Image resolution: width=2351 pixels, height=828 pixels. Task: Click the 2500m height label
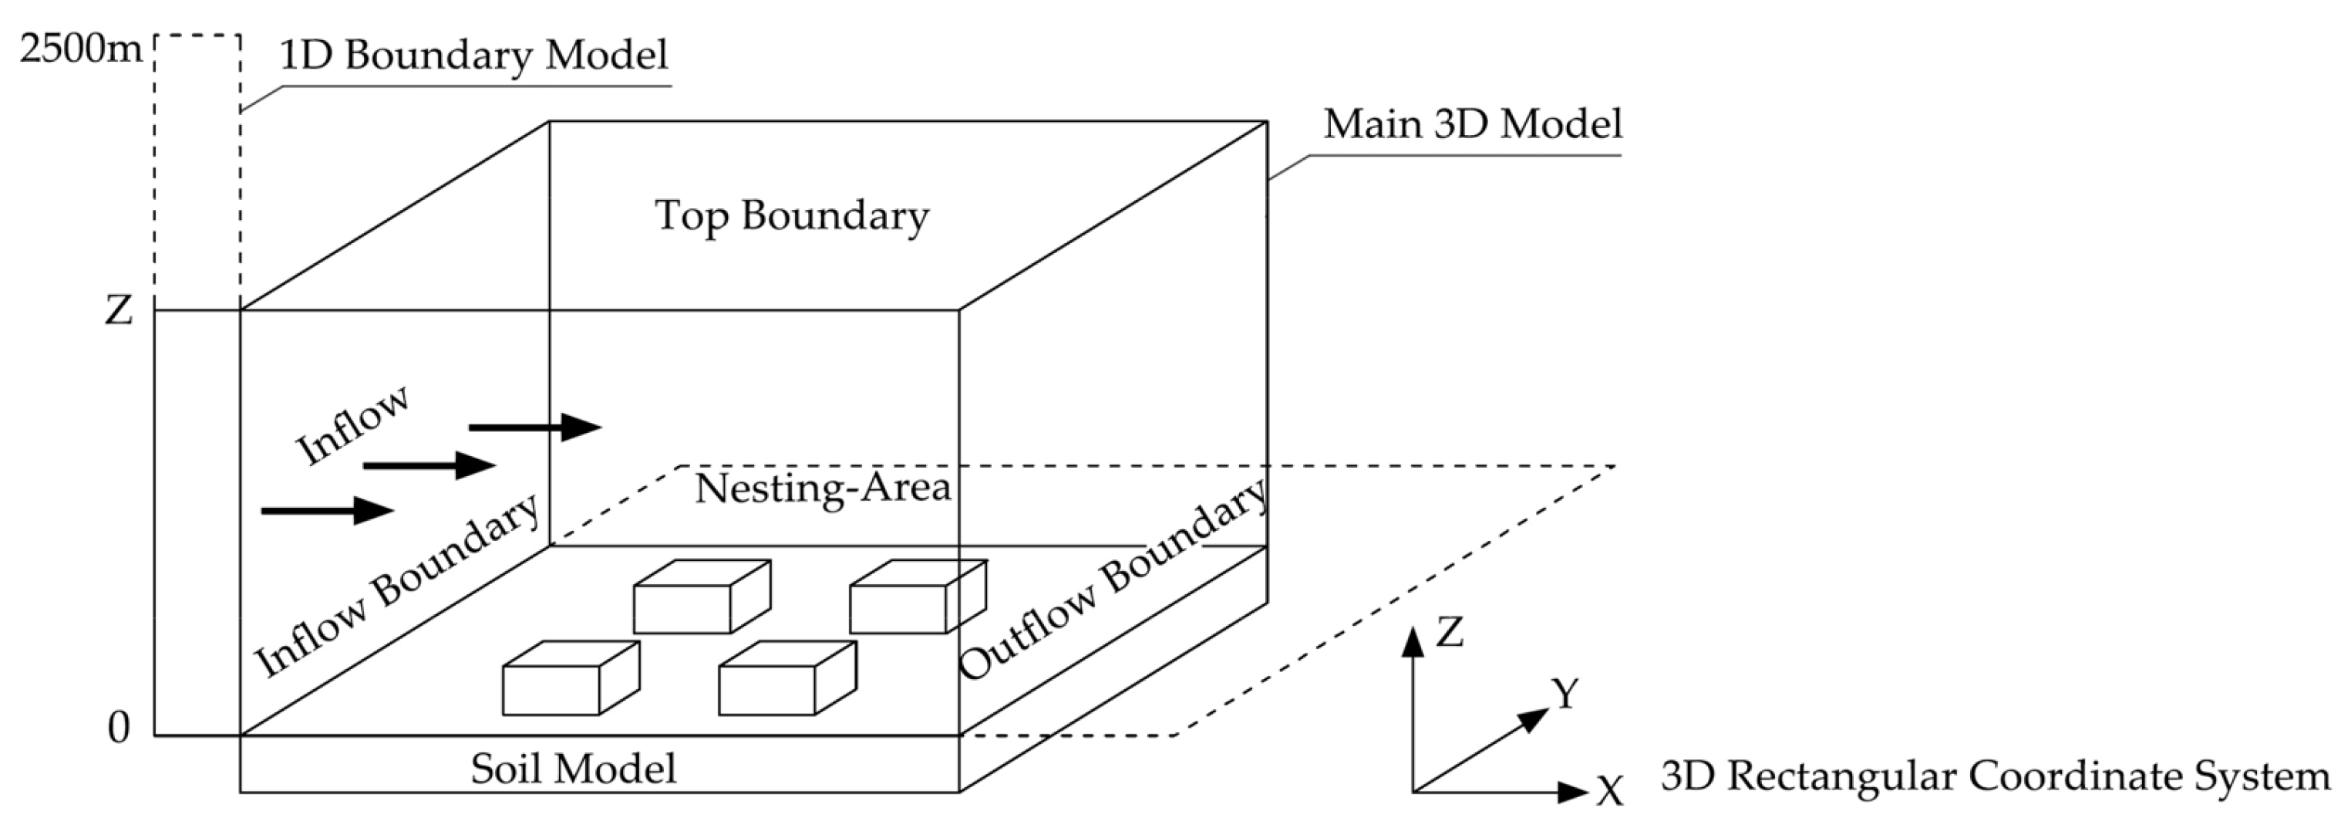[x=80, y=49]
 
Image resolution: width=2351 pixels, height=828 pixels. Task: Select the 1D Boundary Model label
[x=473, y=55]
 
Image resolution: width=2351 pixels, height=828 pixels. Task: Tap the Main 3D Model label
[x=1472, y=124]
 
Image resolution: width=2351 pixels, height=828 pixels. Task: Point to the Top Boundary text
[x=791, y=216]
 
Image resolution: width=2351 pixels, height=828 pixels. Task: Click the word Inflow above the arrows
[x=352, y=425]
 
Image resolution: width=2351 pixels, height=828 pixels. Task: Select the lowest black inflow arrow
[x=327, y=510]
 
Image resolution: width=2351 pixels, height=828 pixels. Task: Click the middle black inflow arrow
[x=429, y=465]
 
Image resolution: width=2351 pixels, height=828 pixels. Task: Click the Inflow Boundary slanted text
[x=396, y=586]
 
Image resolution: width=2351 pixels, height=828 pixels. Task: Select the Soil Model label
[x=573, y=769]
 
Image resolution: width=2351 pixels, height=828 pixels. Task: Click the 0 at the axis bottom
[x=119, y=728]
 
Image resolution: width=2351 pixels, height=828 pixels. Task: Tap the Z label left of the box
[x=119, y=310]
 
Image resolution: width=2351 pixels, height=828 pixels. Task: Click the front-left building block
[x=570, y=679]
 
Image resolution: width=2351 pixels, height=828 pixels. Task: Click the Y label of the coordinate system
[x=1565, y=694]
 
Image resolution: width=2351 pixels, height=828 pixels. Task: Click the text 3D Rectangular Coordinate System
[x=1995, y=777]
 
